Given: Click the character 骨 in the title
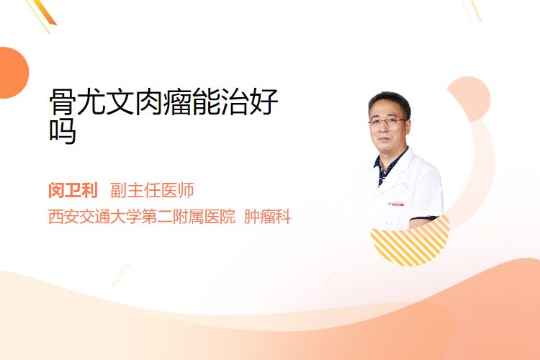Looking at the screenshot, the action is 63,102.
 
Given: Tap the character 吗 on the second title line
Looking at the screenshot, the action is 63,131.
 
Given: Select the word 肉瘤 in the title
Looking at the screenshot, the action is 164,102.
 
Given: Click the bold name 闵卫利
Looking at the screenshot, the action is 73,190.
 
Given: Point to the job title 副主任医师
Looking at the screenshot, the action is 152,190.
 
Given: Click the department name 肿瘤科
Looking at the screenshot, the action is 267,217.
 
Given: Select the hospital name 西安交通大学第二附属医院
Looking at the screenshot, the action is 142,217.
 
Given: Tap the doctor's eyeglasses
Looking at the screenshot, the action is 387,121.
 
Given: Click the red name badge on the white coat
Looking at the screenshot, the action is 397,204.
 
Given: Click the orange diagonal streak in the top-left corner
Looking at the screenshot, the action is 43,14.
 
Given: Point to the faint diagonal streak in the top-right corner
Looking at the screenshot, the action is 472,10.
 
